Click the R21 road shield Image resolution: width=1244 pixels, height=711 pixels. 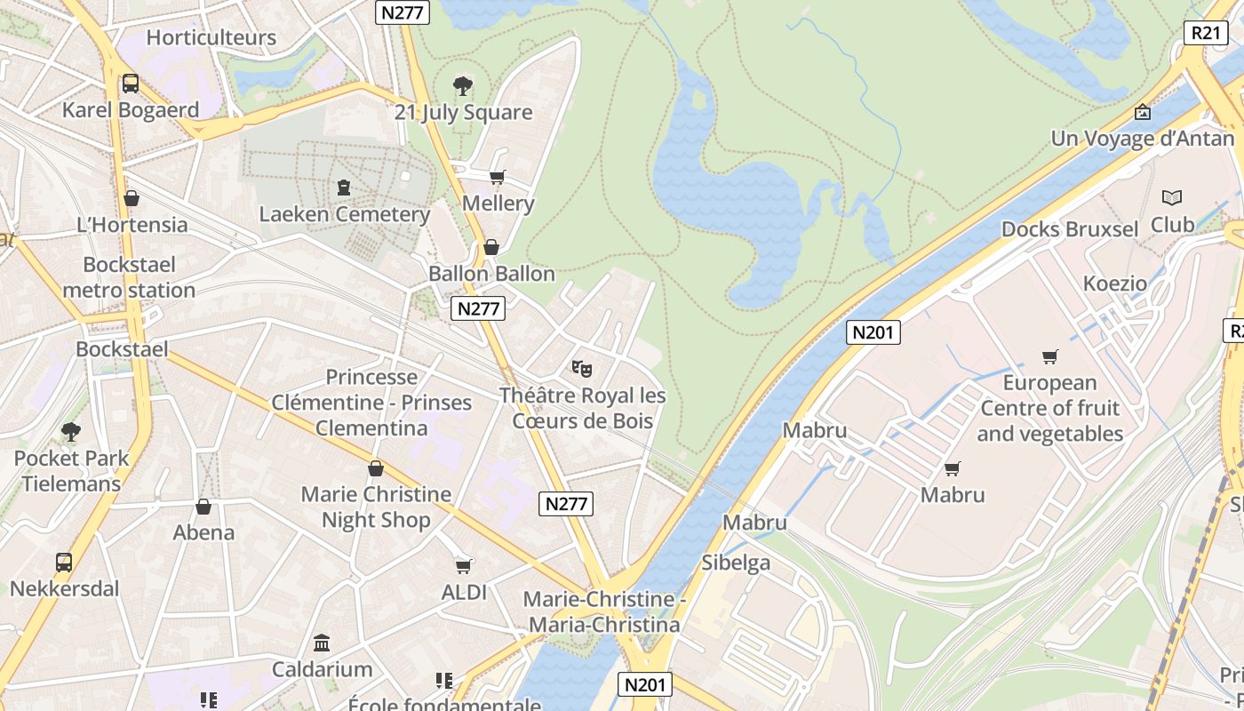click(1205, 33)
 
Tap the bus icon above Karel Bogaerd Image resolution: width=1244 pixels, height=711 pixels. click(131, 84)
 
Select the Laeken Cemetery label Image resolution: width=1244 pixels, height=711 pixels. click(345, 214)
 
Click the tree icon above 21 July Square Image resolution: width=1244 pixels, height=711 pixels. click(462, 86)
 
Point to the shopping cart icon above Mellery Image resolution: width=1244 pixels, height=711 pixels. click(498, 177)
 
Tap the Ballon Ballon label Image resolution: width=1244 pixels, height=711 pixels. click(491, 274)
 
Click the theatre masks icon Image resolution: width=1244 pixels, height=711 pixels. click(582, 367)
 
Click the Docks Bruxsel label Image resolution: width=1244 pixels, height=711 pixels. click(1070, 229)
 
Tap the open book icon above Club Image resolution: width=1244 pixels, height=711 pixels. click(1172, 197)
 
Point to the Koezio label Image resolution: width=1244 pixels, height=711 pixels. click(1115, 284)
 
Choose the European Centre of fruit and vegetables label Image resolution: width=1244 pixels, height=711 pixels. click(1050, 408)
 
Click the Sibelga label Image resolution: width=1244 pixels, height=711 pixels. click(736, 563)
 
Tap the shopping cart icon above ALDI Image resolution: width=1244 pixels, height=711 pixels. click(463, 565)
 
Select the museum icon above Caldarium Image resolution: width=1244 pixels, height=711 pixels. click(322, 643)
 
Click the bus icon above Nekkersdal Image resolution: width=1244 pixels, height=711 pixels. click(64, 562)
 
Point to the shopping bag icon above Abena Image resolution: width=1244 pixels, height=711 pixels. click(203, 507)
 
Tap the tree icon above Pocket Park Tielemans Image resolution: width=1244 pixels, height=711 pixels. click(71, 432)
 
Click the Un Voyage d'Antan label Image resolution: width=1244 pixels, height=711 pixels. click(1143, 139)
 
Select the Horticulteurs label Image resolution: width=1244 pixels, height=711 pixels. click(211, 37)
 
